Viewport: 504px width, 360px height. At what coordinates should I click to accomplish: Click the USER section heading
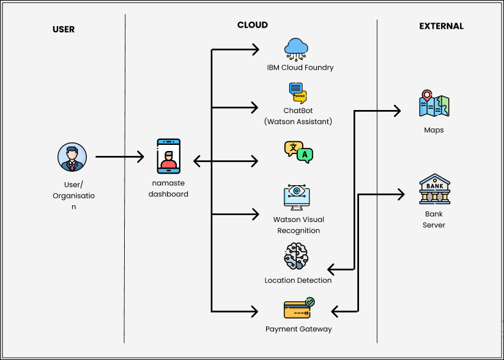coord(63,29)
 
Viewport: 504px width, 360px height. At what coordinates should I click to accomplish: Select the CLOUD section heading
coord(252,25)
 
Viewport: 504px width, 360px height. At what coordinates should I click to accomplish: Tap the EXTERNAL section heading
coord(441,26)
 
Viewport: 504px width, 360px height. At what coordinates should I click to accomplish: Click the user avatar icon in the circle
coord(72,158)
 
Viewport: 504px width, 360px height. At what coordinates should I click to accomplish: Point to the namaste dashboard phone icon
coord(168,156)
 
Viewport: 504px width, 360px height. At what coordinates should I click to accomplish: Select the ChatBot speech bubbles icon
coord(298,93)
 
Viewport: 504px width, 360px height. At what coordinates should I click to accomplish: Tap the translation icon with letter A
coord(298,152)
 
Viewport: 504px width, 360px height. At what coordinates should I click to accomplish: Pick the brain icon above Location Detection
coord(297,257)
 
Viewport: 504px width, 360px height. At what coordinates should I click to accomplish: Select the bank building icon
coord(434,190)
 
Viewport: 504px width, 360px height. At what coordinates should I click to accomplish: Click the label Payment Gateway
coord(298,329)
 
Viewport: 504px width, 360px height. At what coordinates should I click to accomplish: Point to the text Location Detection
coord(298,281)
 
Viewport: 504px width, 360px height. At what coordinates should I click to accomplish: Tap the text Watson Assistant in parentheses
coord(298,122)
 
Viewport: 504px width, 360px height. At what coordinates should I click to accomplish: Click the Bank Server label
coord(434,219)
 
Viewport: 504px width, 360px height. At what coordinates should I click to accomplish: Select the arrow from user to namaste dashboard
coord(119,157)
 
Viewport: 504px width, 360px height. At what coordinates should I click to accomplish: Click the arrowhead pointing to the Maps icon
coord(397,111)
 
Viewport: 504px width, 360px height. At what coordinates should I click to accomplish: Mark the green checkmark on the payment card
coord(310,301)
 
